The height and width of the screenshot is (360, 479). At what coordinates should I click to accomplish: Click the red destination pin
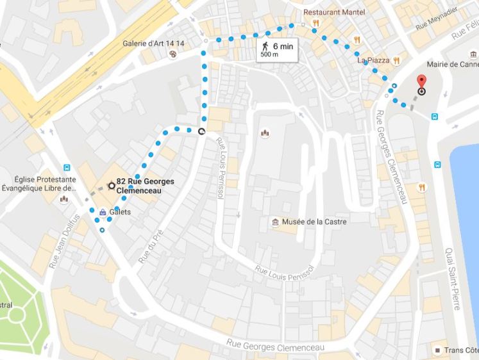click(421, 82)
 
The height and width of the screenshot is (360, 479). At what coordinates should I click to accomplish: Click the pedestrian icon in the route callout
click(264, 46)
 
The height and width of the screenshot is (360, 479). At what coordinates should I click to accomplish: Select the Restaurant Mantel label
click(333, 12)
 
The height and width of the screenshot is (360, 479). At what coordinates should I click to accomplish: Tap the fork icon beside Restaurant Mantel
click(315, 24)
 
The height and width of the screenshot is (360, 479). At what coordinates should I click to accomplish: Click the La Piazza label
click(373, 60)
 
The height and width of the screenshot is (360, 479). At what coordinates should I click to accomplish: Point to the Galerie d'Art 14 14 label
click(154, 44)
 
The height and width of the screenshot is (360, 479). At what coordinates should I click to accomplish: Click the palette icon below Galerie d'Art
click(172, 54)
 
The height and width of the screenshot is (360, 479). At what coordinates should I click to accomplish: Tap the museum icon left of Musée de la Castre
click(275, 222)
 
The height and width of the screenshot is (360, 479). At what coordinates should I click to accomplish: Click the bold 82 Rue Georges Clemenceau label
click(145, 186)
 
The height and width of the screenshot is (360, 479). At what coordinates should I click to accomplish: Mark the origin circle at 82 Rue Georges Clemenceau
click(112, 186)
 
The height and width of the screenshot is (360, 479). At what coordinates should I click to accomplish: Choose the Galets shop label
click(121, 212)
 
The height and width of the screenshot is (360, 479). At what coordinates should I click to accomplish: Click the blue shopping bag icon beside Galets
click(103, 212)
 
